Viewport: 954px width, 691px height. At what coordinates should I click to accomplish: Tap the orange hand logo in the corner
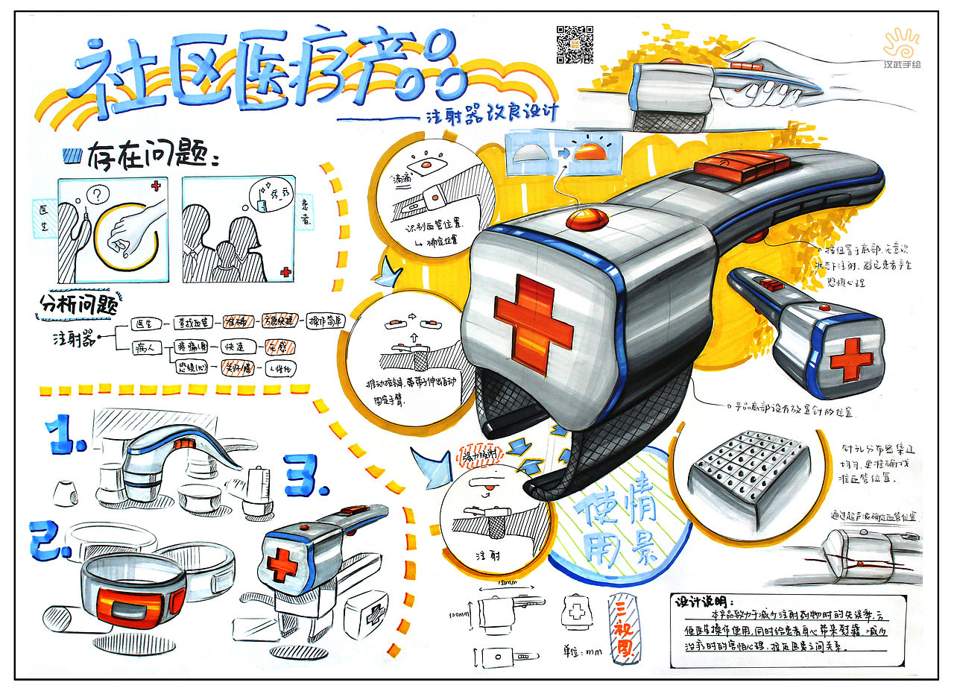901,44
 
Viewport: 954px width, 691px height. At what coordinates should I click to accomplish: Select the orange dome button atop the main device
588,220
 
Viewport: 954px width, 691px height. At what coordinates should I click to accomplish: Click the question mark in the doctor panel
95,196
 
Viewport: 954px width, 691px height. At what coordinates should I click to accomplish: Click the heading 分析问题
80,304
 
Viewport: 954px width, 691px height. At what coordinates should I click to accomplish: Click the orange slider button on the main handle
742,163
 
